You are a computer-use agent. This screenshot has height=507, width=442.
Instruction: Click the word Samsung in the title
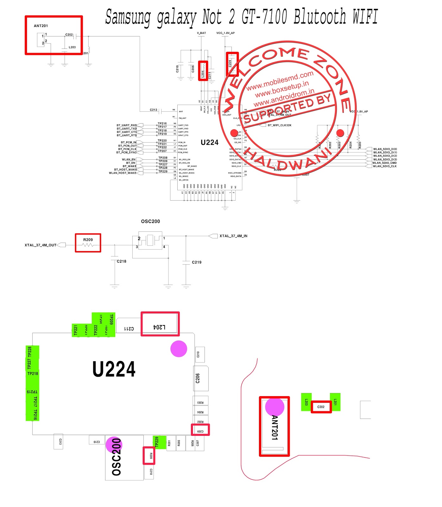coord(128,17)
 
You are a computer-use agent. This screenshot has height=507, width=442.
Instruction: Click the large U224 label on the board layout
coord(114,369)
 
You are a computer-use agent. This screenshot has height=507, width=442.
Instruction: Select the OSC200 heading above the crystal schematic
coord(150,221)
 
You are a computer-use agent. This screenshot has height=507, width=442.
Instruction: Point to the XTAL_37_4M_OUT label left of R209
coord(41,245)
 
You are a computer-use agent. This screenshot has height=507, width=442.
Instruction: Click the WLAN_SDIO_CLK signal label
coord(385,166)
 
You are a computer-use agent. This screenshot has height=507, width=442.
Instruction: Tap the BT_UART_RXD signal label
coord(127,125)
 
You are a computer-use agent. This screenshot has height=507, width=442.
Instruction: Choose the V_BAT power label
coord(201,33)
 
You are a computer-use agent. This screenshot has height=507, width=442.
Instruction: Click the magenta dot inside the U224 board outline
coord(179,349)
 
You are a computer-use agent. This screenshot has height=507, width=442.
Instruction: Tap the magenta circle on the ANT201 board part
coord(275,407)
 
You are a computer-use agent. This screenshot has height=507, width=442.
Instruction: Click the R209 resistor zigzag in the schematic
coord(88,245)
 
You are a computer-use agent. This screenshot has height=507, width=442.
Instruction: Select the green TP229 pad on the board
coord(159,442)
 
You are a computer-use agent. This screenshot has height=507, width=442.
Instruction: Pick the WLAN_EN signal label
coord(129,160)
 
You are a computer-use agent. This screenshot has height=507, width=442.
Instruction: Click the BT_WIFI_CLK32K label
coord(280,125)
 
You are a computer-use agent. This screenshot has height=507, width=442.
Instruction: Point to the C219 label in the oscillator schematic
coord(197,262)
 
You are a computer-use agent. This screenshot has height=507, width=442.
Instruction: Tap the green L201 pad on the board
coord(335,402)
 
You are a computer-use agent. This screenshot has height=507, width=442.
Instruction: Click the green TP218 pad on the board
coord(33,374)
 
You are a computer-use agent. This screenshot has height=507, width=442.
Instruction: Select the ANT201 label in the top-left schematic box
coord(41,26)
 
